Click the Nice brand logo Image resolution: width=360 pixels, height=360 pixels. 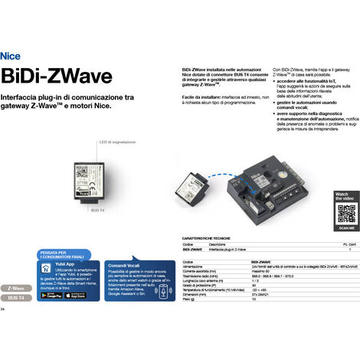click(x=11, y=56)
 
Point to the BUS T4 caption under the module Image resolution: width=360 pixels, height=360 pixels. click(x=97, y=208)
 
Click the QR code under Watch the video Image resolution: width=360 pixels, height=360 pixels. click(x=346, y=213)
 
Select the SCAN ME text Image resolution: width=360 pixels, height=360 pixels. click(x=346, y=227)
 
